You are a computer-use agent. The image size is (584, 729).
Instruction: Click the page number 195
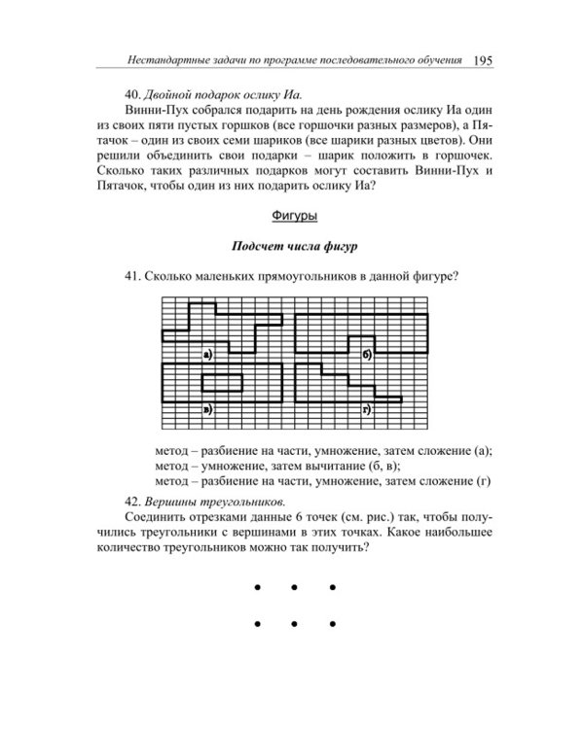483,59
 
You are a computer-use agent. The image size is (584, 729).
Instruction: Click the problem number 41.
132,277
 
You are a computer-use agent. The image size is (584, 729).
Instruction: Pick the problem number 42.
132,502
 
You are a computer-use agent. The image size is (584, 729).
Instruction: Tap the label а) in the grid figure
207,355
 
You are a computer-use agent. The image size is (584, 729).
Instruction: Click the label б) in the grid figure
368,355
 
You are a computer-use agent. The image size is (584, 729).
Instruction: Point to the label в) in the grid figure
207,408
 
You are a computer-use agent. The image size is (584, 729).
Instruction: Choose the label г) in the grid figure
368,408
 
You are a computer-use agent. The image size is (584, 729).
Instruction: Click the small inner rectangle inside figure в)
228,379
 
